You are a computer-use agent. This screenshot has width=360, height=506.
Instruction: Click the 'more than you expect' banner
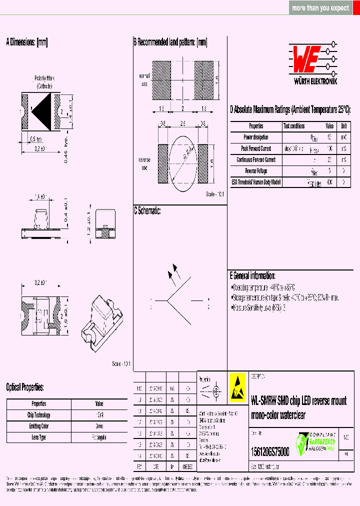pos(320,8)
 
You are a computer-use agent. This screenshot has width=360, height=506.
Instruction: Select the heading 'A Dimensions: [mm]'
pos(26,42)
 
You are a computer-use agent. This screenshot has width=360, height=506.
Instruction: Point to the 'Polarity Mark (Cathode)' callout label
pos(44,82)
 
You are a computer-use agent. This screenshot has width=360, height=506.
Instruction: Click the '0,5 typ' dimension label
pos(36,139)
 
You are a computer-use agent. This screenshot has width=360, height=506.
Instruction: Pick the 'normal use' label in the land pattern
pos(144,80)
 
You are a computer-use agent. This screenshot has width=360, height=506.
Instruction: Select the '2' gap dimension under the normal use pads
pos(182,108)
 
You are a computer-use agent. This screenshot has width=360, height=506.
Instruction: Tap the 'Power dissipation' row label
pos(256,137)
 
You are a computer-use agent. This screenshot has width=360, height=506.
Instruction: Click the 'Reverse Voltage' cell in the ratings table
pos(256,171)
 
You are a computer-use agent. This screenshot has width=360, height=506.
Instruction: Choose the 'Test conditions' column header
pos(294,126)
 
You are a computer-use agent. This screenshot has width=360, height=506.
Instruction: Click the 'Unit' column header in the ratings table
pos(344,126)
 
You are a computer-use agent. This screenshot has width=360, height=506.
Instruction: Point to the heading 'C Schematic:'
pos(147,211)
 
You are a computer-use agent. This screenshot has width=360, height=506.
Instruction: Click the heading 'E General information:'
pos(252,275)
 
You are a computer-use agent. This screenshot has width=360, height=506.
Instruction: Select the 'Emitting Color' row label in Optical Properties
pos(39,426)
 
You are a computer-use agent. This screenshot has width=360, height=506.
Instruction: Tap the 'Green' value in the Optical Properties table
pos(99,426)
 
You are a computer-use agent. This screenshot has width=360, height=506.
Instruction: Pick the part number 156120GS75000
pos(269,451)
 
